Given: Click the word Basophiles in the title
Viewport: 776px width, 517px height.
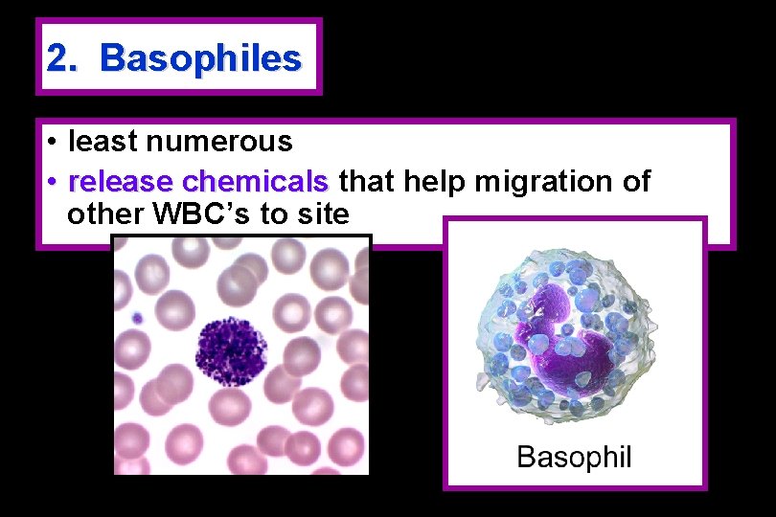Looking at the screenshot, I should tap(200, 58).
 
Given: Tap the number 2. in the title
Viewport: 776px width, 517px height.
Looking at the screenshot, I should tap(63, 58).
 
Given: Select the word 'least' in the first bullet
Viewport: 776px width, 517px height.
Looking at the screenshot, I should tap(99, 142).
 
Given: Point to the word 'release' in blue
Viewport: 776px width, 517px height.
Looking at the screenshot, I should tap(121, 180).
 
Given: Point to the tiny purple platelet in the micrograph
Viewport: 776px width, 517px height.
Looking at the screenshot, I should tap(137, 318).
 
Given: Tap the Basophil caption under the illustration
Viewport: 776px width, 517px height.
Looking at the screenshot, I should tap(574, 457).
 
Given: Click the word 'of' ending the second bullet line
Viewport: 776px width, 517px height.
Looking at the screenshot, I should tap(635, 180).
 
